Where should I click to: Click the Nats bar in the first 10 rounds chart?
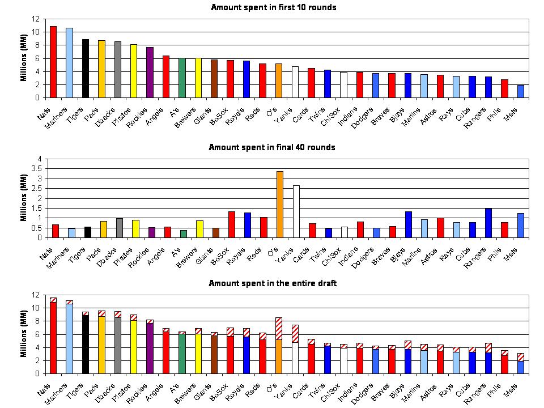click(53, 62)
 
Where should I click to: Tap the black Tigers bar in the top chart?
click(86, 69)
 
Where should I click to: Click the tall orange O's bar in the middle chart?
click(279, 205)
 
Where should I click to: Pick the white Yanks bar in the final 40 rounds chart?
click(296, 211)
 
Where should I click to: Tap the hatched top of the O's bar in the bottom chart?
click(279, 329)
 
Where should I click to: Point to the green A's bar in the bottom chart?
click(182, 354)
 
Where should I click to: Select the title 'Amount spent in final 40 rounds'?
click(272, 147)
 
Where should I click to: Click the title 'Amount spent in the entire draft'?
click(273, 283)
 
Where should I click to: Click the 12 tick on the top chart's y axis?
click(37, 19)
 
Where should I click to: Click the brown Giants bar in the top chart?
click(215, 79)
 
